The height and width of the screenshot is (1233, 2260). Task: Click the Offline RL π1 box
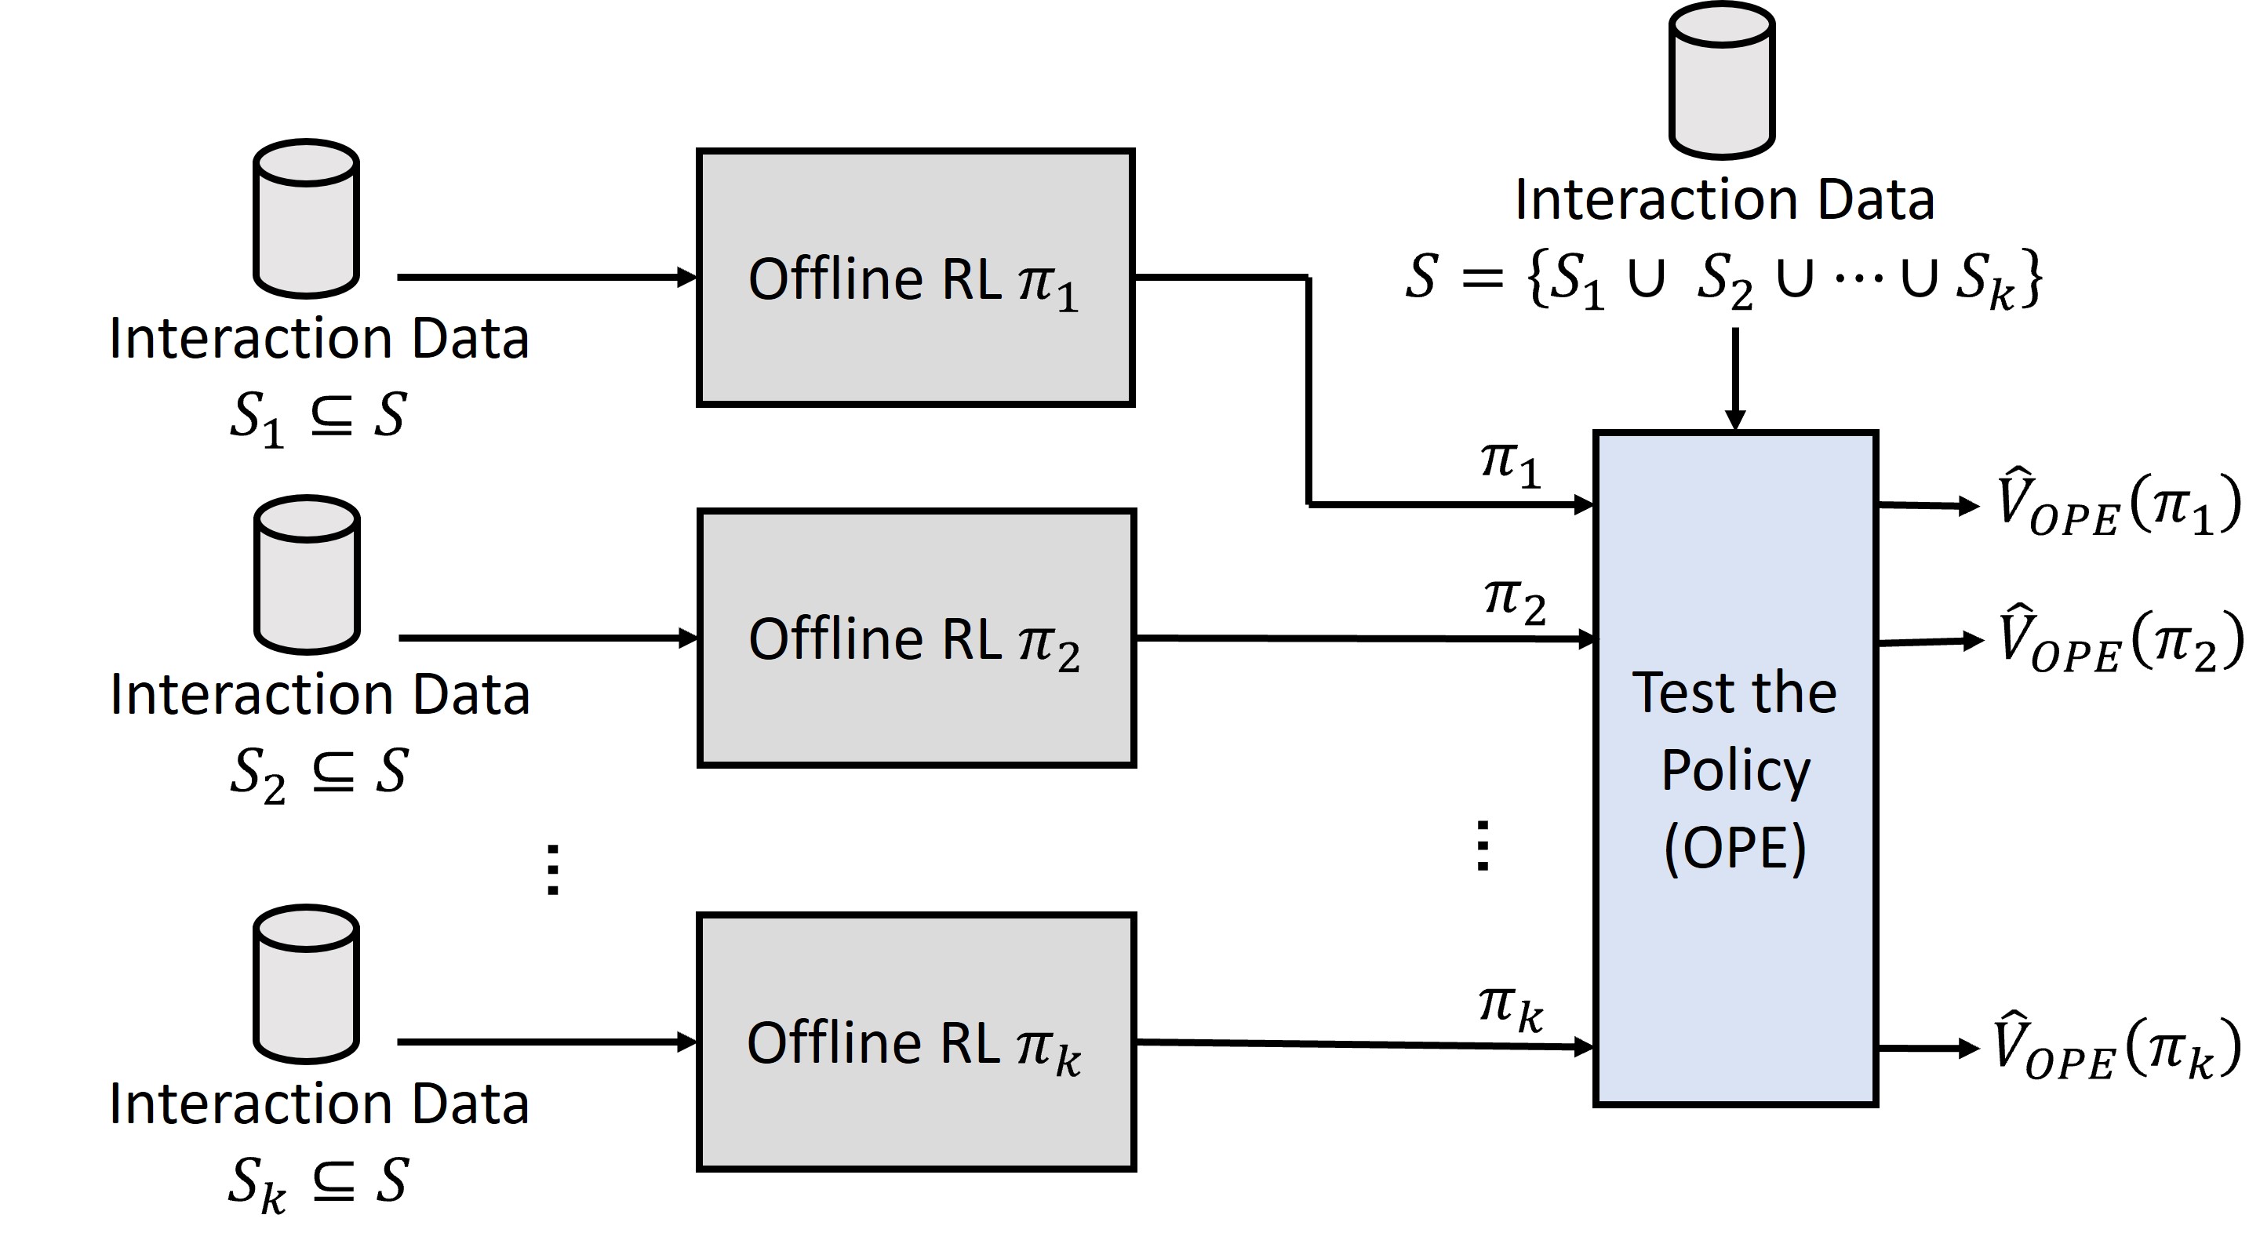[915, 278]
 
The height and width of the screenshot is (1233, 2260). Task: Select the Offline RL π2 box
[916, 638]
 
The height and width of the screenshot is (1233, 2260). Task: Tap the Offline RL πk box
[916, 1042]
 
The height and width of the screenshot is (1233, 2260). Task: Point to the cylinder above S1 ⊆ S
[306, 220]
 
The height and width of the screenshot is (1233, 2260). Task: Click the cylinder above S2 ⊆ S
[307, 575]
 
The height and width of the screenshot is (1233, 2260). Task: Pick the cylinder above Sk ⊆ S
[306, 984]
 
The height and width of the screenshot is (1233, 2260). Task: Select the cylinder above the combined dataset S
[1721, 81]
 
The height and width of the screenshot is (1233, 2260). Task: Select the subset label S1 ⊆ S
[318, 417]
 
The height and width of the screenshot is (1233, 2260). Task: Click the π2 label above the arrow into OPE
[1514, 603]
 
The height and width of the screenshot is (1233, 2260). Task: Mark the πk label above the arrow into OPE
[1511, 1009]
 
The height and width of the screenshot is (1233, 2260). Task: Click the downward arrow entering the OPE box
[1734, 379]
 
